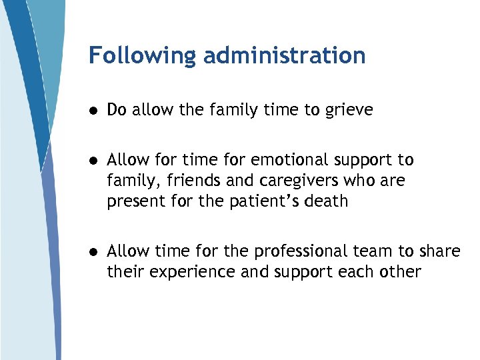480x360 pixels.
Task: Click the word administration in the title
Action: [285, 55]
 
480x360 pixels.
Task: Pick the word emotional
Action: [279, 161]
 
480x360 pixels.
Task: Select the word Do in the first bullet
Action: [117, 110]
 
